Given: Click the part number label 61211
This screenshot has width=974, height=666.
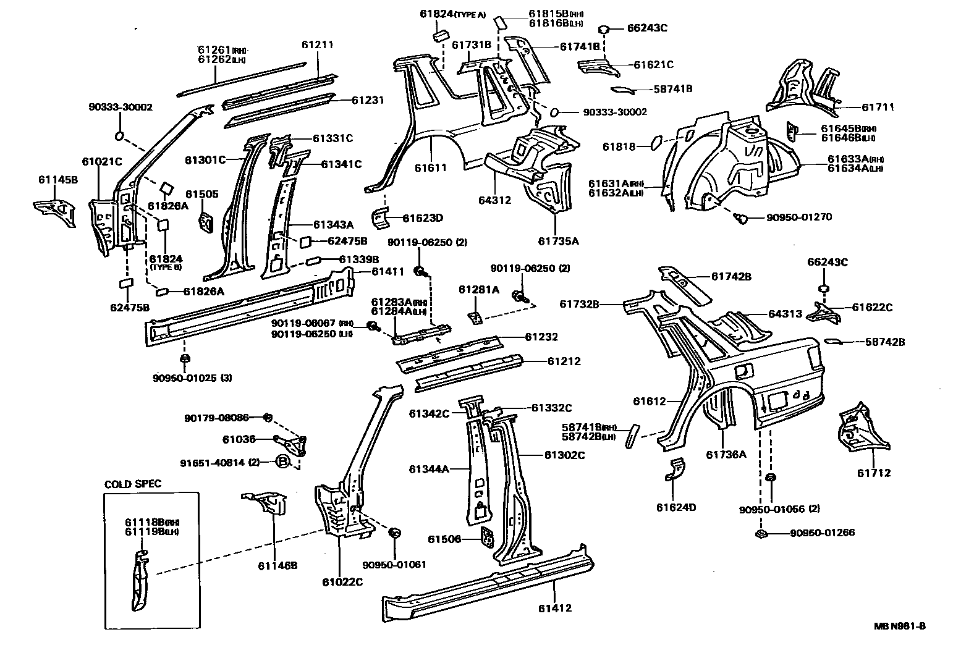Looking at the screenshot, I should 317,44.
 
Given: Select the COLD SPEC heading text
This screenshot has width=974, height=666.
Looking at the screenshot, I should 132,484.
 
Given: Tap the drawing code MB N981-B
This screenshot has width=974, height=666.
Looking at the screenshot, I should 900,626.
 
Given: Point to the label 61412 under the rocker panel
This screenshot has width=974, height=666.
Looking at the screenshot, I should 554,608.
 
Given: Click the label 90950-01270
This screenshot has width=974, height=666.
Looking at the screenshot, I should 799,217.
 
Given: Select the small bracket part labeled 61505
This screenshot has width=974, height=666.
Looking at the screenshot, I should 205,221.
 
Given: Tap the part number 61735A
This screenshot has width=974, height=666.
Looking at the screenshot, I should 558,241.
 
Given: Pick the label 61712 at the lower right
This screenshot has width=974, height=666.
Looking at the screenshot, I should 873,473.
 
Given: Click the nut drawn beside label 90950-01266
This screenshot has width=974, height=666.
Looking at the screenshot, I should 761,533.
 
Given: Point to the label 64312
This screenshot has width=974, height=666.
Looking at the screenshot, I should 494,200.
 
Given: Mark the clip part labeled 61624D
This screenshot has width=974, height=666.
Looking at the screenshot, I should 675,471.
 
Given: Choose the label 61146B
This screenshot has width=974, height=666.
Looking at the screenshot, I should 277,565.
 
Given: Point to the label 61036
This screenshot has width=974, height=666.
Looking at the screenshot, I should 239,440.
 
